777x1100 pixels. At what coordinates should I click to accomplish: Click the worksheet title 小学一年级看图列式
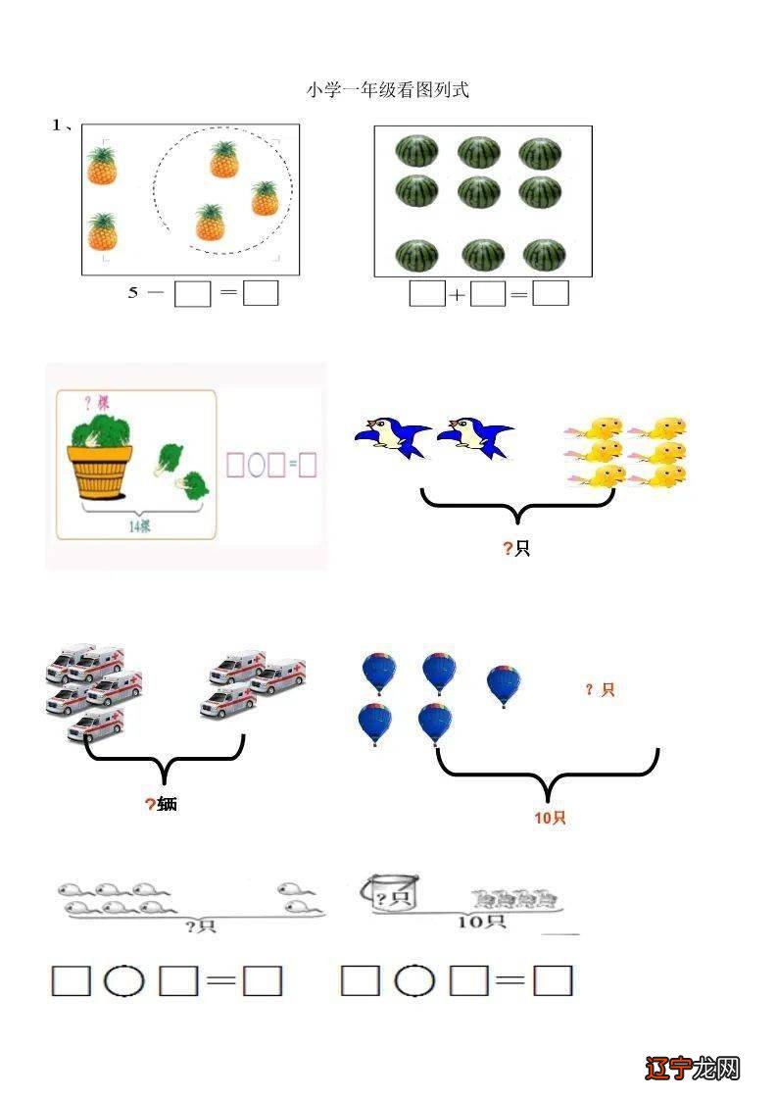[x=388, y=90]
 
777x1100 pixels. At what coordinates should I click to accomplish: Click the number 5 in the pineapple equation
[x=133, y=292]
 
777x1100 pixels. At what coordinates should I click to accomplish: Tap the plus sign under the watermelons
[x=458, y=294]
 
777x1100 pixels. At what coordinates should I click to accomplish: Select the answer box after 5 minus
[x=192, y=293]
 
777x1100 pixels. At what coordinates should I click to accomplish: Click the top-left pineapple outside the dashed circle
[x=102, y=166]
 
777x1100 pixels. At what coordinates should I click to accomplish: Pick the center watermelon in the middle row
[x=479, y=191]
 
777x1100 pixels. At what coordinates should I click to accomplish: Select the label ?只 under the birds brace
[x=516, y=548]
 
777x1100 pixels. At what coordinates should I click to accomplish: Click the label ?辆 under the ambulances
[x=162, y=805]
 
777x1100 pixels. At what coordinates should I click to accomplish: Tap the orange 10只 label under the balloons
[x=550, y=818]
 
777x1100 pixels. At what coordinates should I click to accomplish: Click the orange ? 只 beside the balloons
[x=600, y=690]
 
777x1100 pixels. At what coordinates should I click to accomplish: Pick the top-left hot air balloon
[x=379, y=674]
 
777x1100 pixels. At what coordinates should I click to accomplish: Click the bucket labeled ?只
[x=390, y=894]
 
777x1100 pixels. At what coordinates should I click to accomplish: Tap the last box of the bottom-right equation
[x=553, y=980]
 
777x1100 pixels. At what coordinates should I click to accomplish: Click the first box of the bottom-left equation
[x=71, y=980]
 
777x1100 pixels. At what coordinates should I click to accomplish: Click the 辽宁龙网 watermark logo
[x=693, y=1068]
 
